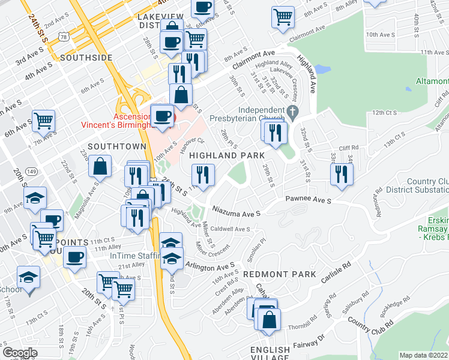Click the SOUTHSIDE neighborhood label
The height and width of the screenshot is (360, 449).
[x=86, y=58]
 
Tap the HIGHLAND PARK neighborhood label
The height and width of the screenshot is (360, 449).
[x=228, y=155]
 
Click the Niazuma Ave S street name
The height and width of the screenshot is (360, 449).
[x=237, y=211]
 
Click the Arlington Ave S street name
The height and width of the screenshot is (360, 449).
[x=209, y=265]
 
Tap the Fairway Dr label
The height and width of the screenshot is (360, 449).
[x=309, y=346]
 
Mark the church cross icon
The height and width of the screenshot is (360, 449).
[x=292, y=111]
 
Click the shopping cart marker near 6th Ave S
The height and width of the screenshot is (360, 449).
[x=44, y=120]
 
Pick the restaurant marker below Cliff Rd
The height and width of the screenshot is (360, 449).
[x=342, y=173]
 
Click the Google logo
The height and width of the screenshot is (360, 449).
[x=19, y=353]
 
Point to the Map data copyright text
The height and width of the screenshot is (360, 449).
[x=424, y=355]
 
